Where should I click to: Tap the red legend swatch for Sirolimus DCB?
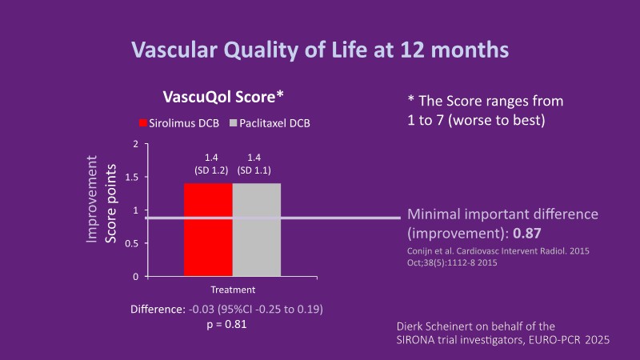click(x=144, y=124)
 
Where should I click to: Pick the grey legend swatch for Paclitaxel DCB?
click(x=234, y=124)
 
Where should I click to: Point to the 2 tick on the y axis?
click(x=135, y=144)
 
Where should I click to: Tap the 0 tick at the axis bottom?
click(x=135, y=277)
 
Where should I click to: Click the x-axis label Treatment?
click(x=233, y=290)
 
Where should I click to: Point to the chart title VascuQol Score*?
click(x=223, y=98)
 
